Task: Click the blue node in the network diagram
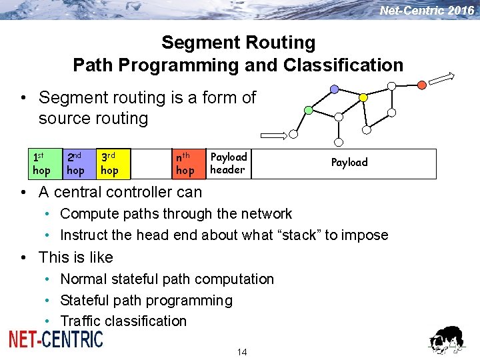click(333, 89)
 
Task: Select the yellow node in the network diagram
click(363, 97)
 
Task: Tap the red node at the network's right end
click(421, 85)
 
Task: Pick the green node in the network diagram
click(308, 109)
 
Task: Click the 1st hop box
click(41, 164)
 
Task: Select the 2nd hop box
click(75, 164)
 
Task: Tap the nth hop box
click(185, 164)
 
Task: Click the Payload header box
click(228, 163)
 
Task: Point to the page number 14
click(241, 351)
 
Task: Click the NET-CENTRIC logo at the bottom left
click(56, 339)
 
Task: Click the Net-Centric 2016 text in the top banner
click(427, 11)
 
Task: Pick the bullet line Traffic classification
click(123, 321)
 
